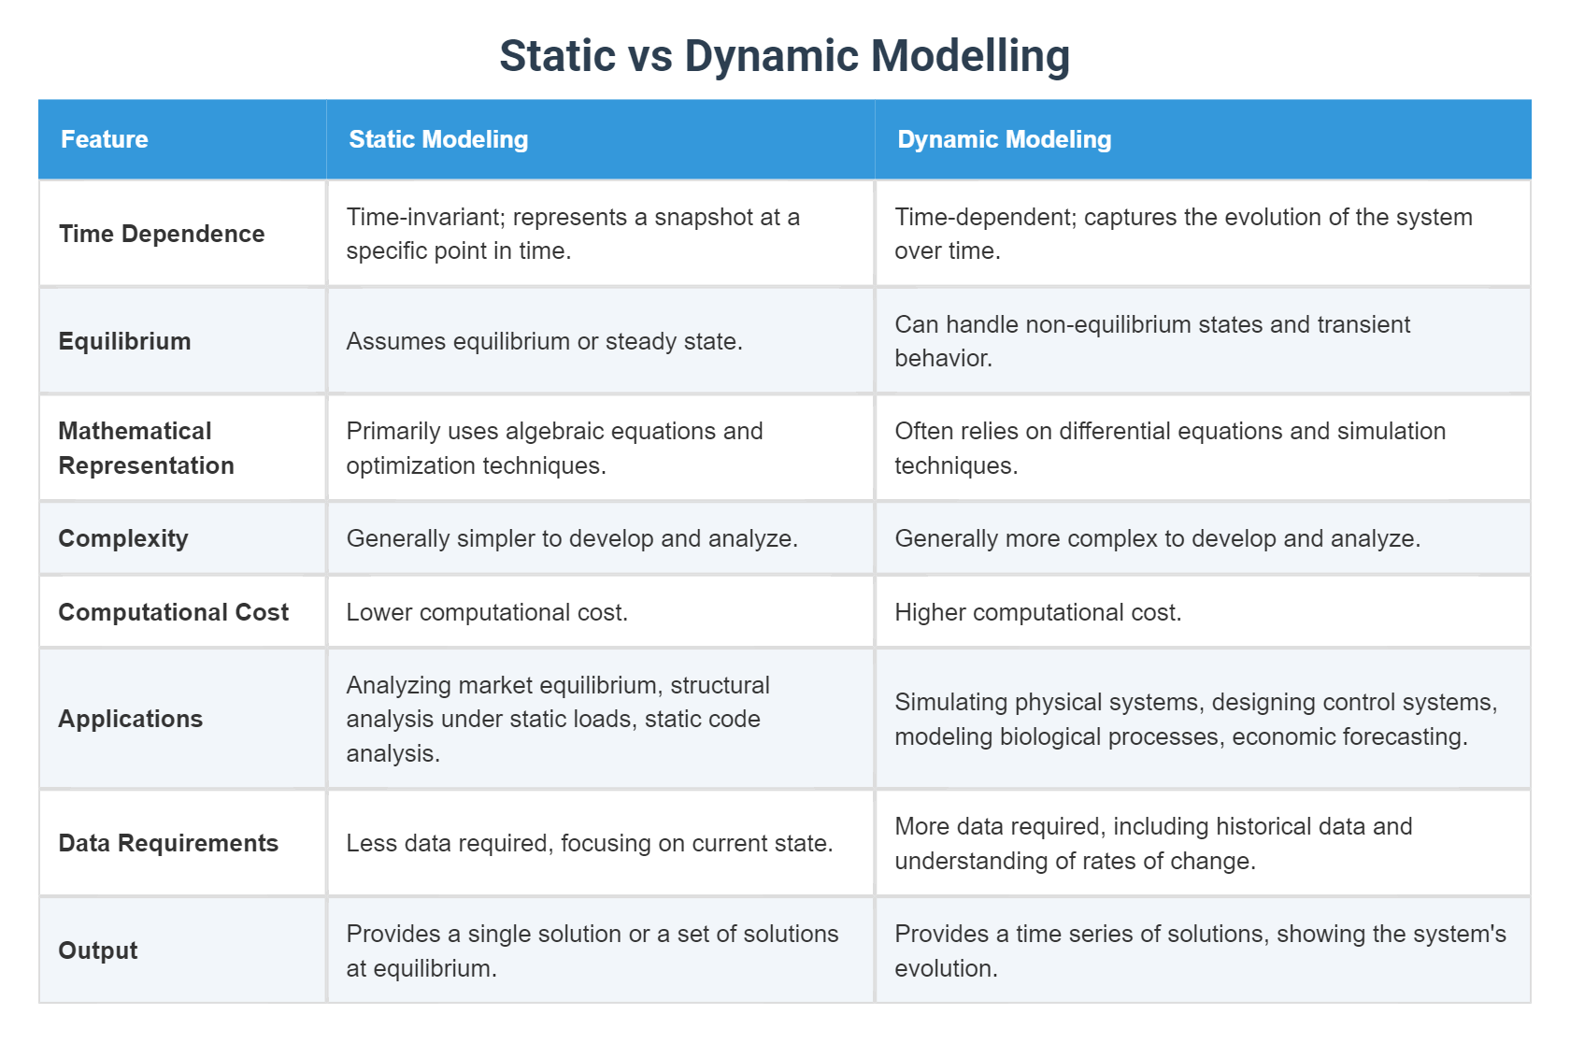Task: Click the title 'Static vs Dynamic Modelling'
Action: tap(784, 56)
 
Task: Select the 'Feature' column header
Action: tap(105, 139)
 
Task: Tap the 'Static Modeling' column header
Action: tap(438, 139)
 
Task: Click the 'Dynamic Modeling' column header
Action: tap(1005, 139)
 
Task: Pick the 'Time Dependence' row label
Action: tap(162, 234)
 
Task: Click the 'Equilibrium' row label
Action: tap(124, 341)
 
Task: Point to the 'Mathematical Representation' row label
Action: tap(146, 448)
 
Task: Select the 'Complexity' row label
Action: tap(123, 538)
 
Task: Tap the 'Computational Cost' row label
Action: tap(173, 612)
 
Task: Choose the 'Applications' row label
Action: tap(131, 719)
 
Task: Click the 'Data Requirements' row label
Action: tap(168, 843)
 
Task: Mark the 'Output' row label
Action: tap(98, 950)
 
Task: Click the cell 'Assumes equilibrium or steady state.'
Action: tap(544, 341)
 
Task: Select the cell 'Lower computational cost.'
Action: tap(487, 612)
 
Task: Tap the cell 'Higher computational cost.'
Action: tap(1037, 612)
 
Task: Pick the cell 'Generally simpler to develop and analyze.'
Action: tap(572, 538)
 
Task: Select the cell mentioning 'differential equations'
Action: tap(1170, 448)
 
